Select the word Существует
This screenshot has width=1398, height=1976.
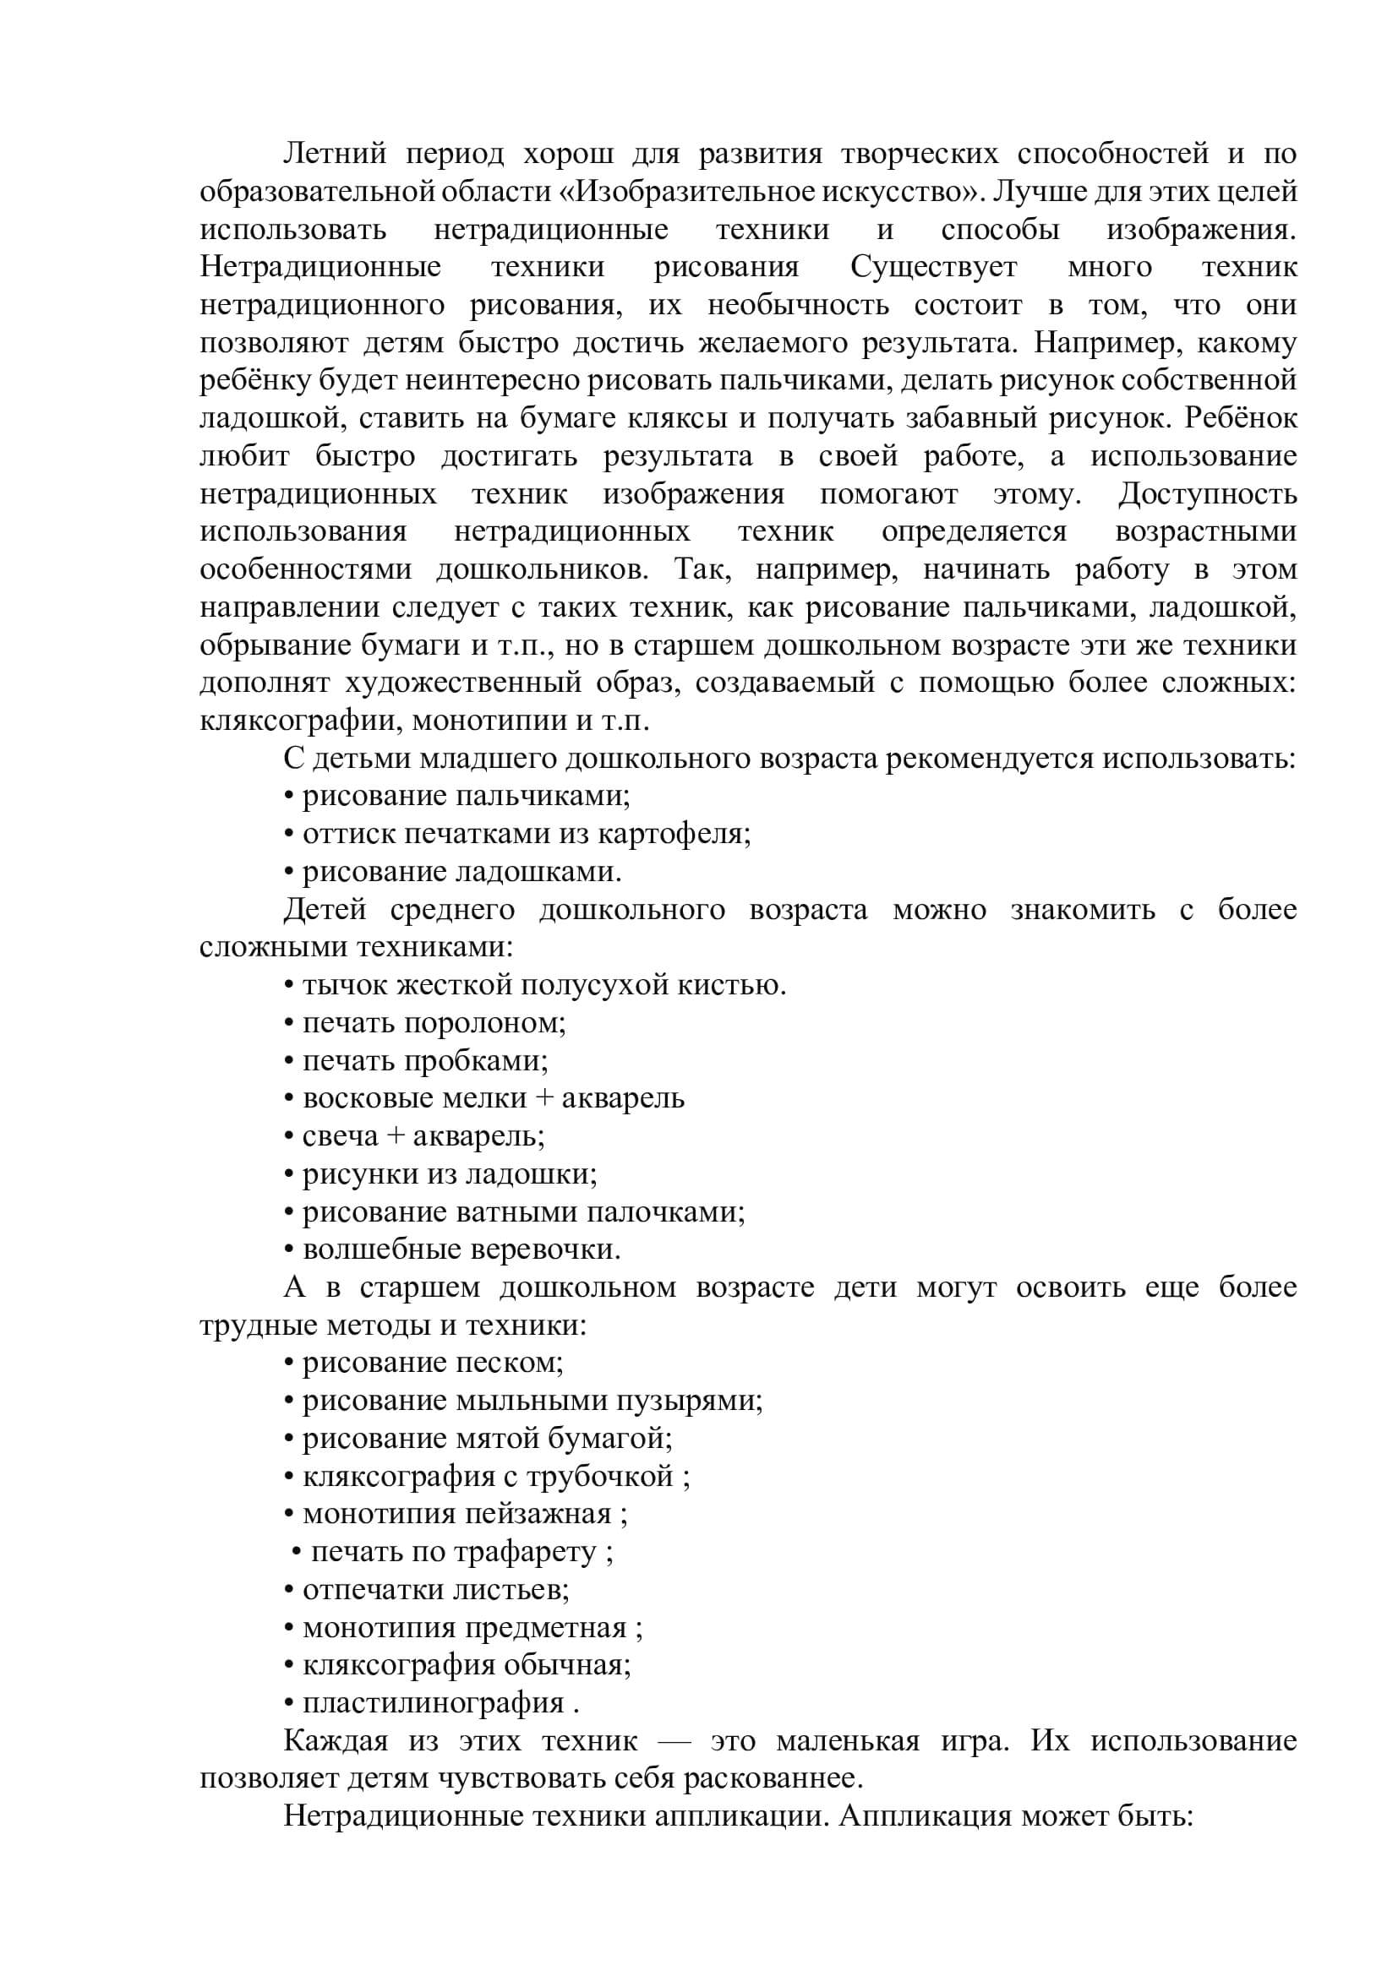(x=934, y=268)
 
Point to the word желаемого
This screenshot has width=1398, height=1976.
(x=774, y=343)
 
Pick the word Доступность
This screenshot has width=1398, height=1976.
(x=1207, y=494)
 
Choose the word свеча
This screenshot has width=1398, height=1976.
(x=340, y=1137)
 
